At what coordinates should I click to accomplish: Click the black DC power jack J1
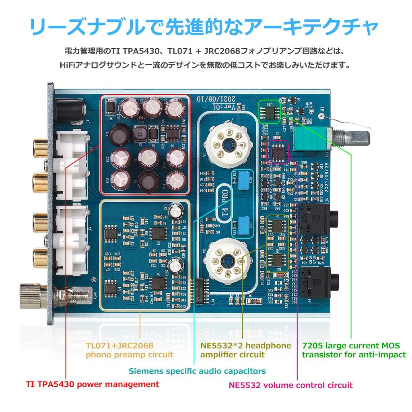click(x=71, y=109)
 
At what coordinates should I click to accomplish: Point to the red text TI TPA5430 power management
click(x=92, y=384)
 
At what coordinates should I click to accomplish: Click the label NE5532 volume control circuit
click(x=290, y=385)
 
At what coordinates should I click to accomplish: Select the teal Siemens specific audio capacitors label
click(x=197, y=371)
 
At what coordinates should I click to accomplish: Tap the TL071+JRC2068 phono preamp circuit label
click(x=129, y=350)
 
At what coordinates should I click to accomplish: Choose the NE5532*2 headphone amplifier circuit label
click(x=245, y=350)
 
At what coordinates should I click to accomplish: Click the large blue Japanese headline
click(x=204, y=27)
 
